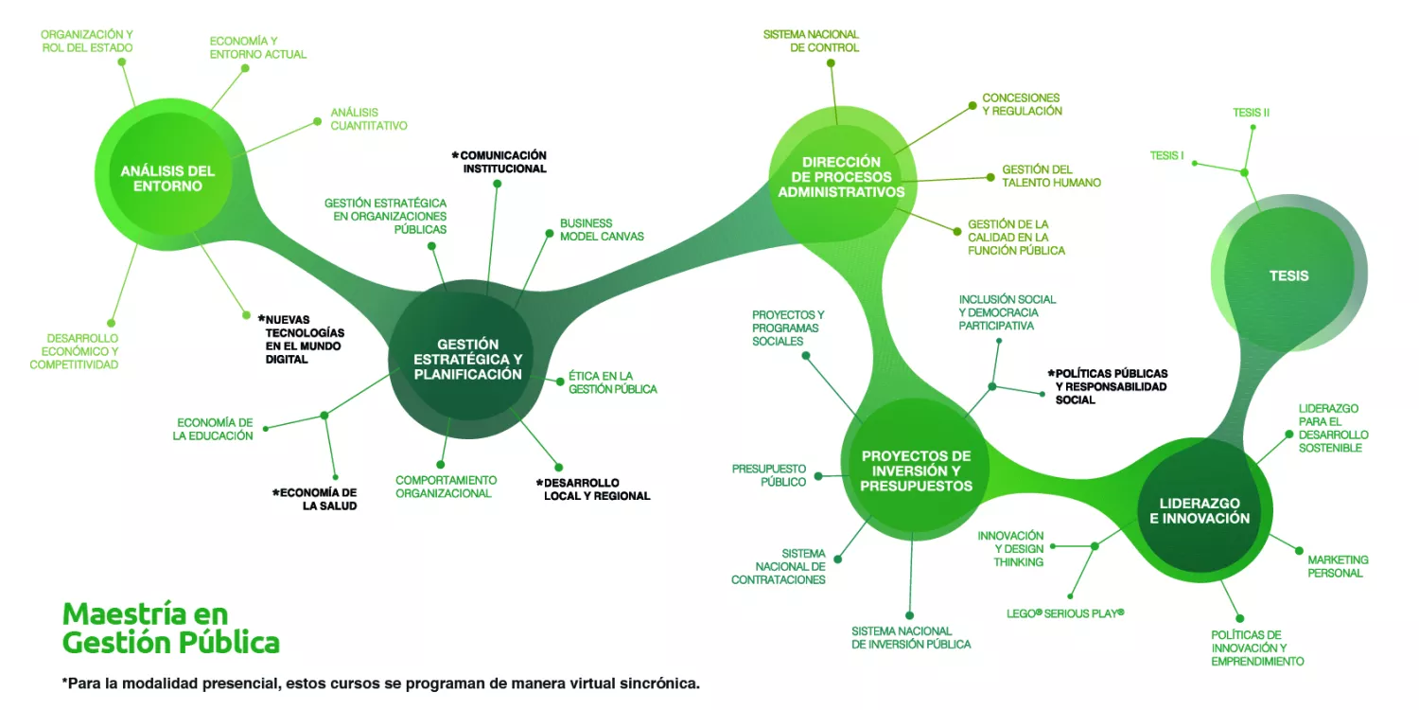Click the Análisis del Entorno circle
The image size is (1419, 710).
pyautogui.click(x=167, y=178)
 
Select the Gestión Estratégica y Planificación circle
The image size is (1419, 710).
pyautogui.click(x=467, y=360)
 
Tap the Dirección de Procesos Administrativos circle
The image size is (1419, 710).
pyautogui.click(x=841, y=177)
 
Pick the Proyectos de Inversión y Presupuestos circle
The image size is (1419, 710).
pyautogui.click(x=916, y=470)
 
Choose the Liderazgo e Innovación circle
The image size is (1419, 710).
pyautogui.click(x=1199, y=510)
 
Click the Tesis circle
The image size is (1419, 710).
pyautogui.click(x=1288, y=275)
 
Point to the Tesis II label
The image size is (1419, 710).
pyautogui.click(x=1251, y=113)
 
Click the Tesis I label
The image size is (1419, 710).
pyautogui.click(x=1166, y=155)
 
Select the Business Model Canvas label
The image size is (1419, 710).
pyautogui.click(x=602, y=230)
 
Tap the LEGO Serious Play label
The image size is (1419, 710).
pyautogui.click(x=1065, y=613)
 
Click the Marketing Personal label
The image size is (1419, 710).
pyautogui.click(x=1338, y=566)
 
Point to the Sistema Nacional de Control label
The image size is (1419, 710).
pyautogui.click(x=811, y=41)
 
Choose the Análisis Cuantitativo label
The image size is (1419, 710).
pyautogui.click(x=368, y=118)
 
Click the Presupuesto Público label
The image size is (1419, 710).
pyautogui.click(x=768, y=475)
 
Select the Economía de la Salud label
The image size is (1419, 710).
pyautogui.click(x=315, y=499)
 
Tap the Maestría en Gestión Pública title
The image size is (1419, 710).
pyautogui.click(x=171, y=628)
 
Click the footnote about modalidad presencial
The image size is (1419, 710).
pyautogui.click(x=380, y=683)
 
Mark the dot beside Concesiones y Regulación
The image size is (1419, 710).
pyautogui.click(x=971, y=105)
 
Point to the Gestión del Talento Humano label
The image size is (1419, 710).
pyautogui.click(x=1051, y=176)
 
